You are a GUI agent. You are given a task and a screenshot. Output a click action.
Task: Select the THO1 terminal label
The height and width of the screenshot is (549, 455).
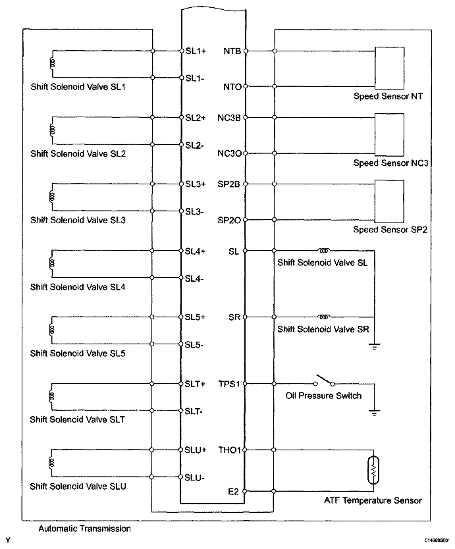[231, 451]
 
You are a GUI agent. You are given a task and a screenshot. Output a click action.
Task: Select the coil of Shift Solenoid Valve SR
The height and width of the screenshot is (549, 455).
[325, 317]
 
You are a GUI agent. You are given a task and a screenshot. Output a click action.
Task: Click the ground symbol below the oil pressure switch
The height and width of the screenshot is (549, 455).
[373, 411]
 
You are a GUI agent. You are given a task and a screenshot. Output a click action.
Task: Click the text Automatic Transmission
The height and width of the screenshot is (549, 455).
[75, 529]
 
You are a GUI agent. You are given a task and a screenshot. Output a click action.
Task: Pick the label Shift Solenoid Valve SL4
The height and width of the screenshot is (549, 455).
[78, 287]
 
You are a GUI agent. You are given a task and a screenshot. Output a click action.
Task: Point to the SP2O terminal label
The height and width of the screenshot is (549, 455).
[230, 220]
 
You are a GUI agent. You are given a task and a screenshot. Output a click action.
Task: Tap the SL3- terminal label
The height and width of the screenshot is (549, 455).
[195, 211]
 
